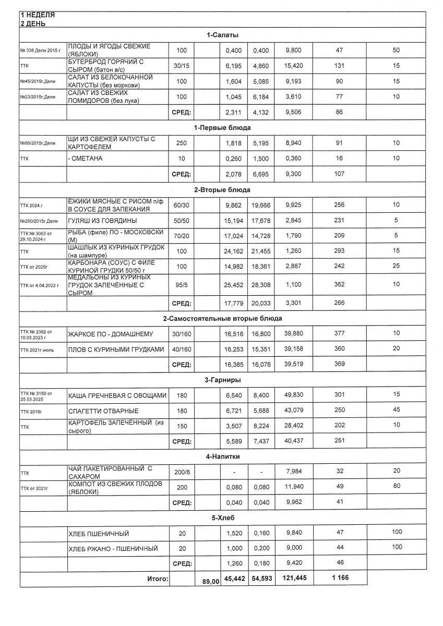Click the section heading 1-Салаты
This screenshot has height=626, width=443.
(x=222, y=35)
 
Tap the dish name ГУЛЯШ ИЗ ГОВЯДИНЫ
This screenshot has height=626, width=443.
(x=102, y=221)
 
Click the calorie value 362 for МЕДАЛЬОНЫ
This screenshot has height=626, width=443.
(x=339, y=284)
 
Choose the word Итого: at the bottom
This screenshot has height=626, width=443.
(x=156, y=579)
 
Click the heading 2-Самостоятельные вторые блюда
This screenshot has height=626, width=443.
(x=222, y=318)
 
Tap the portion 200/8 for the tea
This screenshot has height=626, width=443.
(x=182, y=473)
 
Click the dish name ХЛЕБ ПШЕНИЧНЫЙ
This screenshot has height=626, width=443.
(x=99, y=534)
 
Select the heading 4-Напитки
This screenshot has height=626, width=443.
(x=222, y=456)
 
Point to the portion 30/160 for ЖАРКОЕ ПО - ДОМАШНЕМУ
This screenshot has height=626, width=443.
(x=182, y=333)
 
